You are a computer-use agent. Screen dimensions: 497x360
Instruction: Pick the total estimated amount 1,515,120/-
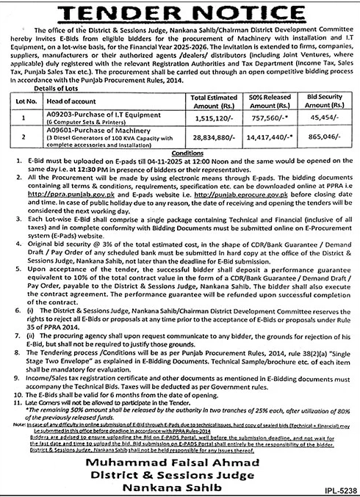click(214, 117)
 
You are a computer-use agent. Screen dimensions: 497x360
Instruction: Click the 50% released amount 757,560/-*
click(269, 117)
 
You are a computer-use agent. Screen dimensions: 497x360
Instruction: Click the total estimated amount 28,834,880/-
click(214, 137)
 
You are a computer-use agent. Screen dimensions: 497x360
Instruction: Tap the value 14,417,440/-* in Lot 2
click(269, 137)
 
